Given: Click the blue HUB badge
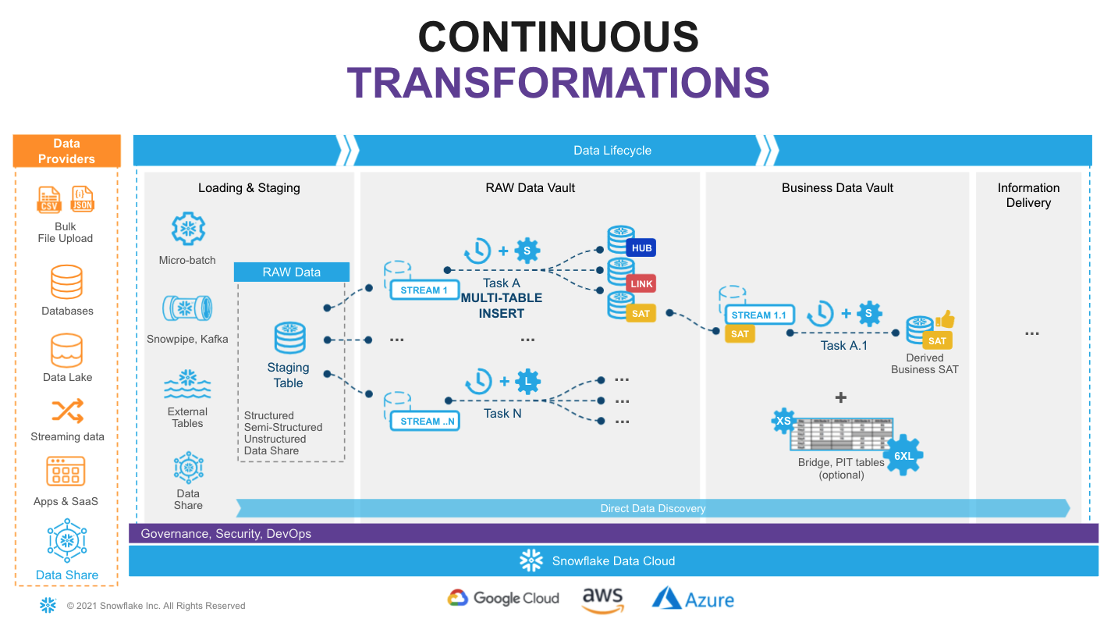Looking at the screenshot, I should pyautogui.click(x=641, y=248).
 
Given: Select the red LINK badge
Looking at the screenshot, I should pyautogui.click(x=641, y=283).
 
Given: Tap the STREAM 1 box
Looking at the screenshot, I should pyautogui.click(x=424, y=290).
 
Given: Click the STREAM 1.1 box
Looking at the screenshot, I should pyautogui.click(x=759, y=315).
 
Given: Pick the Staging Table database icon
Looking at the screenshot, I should pyautogui.click(x=289, y=338).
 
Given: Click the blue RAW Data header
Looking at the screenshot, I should pyautogui.click(x=292, y=272).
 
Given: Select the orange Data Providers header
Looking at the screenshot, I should pyautogui.click(x=67, y=151).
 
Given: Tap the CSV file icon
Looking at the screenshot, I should pyautogui.click(x=49, y=200).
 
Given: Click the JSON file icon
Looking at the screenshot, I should pyautogui.click(x=82, y=199).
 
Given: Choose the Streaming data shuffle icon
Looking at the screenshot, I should pyautogui.click(x=67, y=411).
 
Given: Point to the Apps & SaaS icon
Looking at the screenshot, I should pyautogui.click(x=66, y=472).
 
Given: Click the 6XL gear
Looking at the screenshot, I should pyautogui.click(x=903, y=455).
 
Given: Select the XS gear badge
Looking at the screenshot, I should pyautogui.click(x=783, y=421).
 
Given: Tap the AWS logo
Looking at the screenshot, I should pyautogui.click(x=602, y=600).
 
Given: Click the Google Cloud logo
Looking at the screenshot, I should pyautogui.click(x=503, y=598).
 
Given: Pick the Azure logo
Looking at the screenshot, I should pyautogui.click(x=693, y=599).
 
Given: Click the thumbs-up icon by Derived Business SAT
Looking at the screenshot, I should pyautogui.click(x=945, y=319).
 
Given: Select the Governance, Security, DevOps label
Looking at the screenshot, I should pyautogui.click(x=225, y=534).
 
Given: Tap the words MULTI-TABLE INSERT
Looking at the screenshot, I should pyautogui.click(x=501, y=305).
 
